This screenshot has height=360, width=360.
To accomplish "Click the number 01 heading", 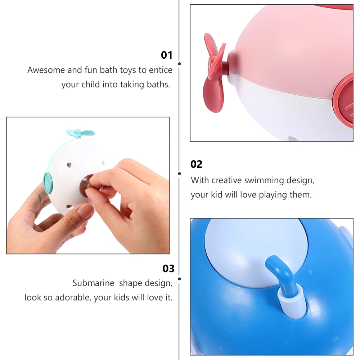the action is (x=166, y=55).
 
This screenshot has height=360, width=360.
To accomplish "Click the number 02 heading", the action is (x=196, y=165).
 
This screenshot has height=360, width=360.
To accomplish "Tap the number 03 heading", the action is (x=168, y=269).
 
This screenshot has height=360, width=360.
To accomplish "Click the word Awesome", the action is (x=46, y=70).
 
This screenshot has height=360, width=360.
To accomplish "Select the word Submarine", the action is (x=94, y=283).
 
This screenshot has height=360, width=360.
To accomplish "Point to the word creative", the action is (x=226, y=180).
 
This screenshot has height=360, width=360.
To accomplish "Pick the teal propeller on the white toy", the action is (x=80, y=133).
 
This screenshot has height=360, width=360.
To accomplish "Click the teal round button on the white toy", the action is (x=48, y=183).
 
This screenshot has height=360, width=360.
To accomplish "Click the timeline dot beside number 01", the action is (x=179, y=64).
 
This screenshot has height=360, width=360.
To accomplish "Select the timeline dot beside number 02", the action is (x=179, y=174).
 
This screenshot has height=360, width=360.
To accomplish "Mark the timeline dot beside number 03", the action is (x=179, y=279).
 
